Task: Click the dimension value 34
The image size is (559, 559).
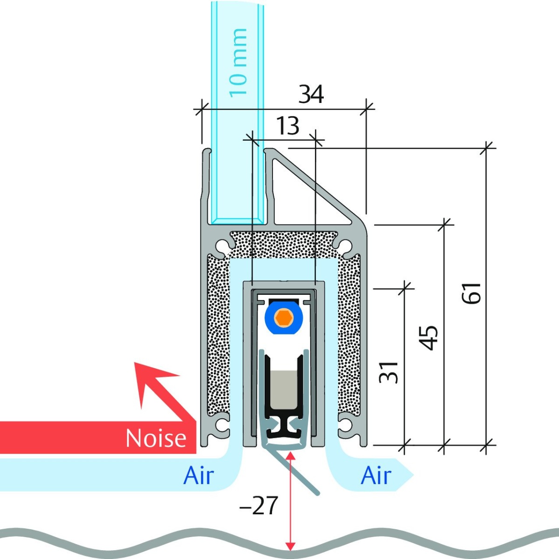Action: click(311, 95)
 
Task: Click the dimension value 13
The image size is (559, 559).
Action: click(287, 126)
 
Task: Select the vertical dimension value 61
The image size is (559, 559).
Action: click(471, 293)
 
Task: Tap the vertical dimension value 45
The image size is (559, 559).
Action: click(429, 338)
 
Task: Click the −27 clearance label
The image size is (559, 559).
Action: click(259, 505)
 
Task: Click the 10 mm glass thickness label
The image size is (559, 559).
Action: click(238, 62)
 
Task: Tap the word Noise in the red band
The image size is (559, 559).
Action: click(156, 438)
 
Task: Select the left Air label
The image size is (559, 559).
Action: click(198, 476)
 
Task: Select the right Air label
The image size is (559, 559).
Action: click(376, 476)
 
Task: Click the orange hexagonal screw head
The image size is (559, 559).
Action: click(283, 318)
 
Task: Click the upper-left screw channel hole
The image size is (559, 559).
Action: click(224, 244)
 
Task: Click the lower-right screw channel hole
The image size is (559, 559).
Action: click(346, 424)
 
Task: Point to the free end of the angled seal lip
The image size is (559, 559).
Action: click(318, 492)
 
